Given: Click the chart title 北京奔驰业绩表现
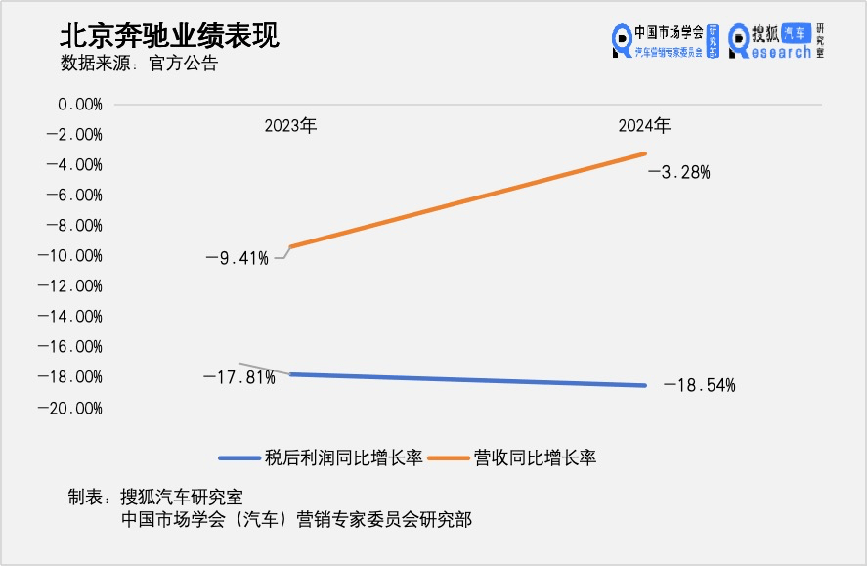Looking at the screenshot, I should (x=169, y=35).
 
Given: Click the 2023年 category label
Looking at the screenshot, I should (x=290, y=126).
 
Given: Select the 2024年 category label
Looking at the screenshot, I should (x=644, y=126).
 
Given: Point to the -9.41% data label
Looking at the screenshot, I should (x=237, y=258).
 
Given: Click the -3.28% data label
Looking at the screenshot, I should (x=678, y=173).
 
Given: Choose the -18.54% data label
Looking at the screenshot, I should (x=699, y=386).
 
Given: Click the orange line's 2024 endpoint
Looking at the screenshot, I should (x=645, y=153).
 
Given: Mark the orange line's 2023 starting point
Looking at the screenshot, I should (x=290, y=246).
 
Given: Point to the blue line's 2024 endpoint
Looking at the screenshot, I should (x=645, y=385).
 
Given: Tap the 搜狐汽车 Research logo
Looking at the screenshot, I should (x=776, y=40).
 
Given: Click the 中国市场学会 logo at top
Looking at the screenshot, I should (x=665, y=40).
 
